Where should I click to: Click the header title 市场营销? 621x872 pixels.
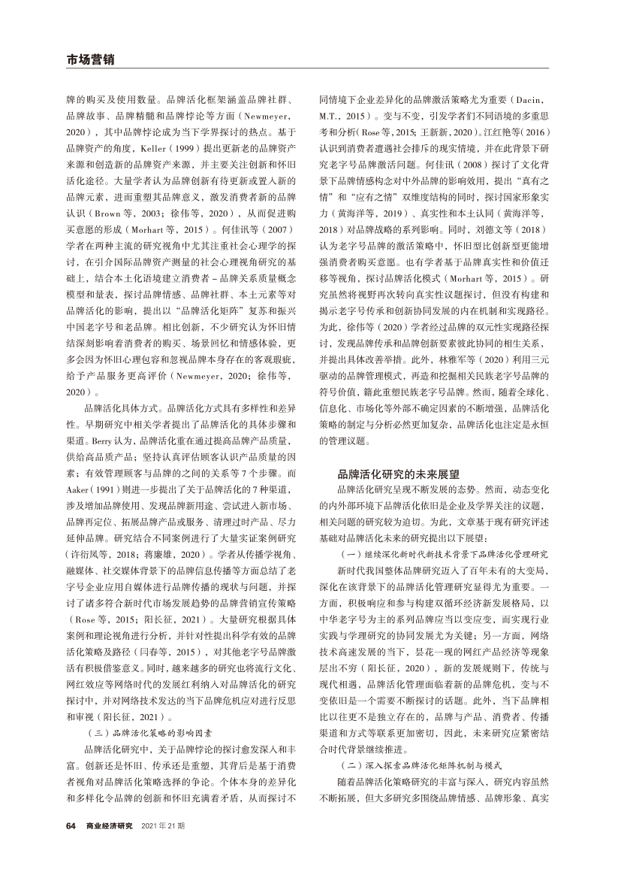[x=90, y=59]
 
